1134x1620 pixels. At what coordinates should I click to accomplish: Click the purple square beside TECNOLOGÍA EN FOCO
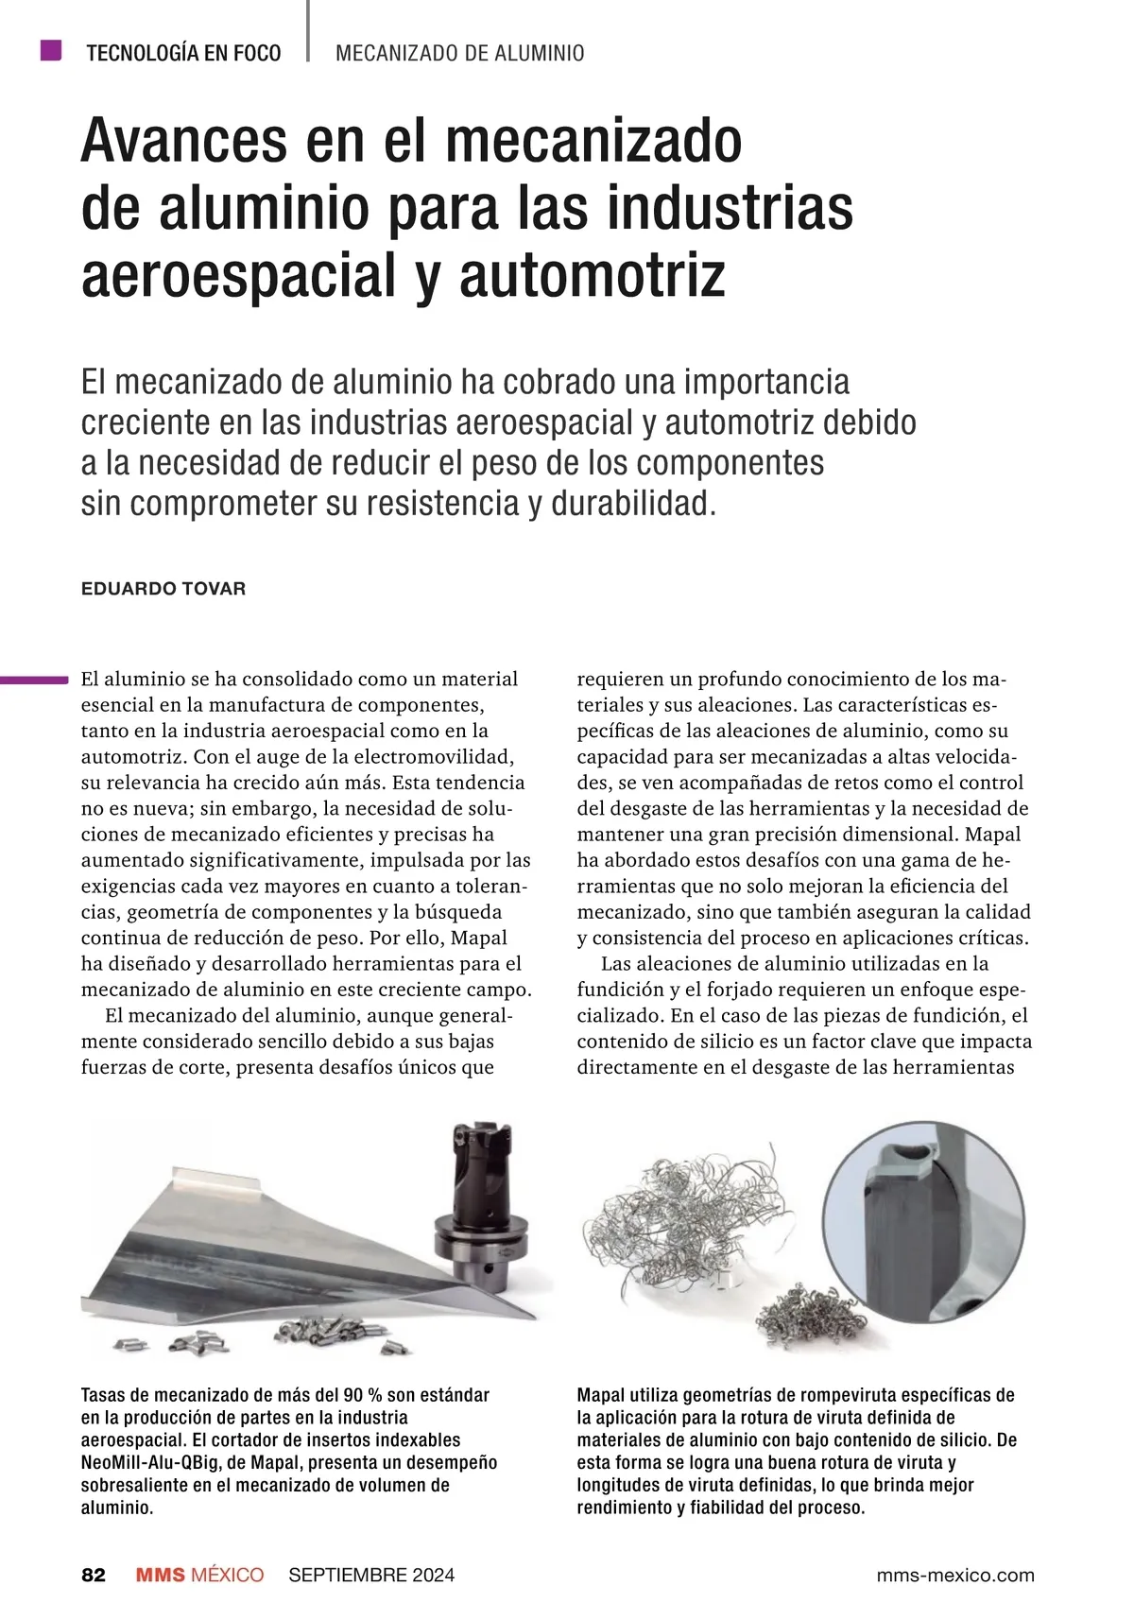51,50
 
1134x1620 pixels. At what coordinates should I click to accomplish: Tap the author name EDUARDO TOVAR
163,589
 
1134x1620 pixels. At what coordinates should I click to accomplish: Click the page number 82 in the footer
94,1575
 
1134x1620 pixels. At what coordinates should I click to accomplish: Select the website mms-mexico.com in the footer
955,1575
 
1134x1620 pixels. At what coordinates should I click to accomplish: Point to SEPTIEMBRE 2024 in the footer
371,1575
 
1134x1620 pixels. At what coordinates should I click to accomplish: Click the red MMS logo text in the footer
161,1575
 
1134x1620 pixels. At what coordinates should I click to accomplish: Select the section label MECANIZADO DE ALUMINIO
459,53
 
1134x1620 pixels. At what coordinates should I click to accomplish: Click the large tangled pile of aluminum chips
680,1219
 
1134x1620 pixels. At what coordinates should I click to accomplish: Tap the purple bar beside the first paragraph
34,679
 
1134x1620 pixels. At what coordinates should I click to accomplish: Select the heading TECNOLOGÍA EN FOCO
183,53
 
